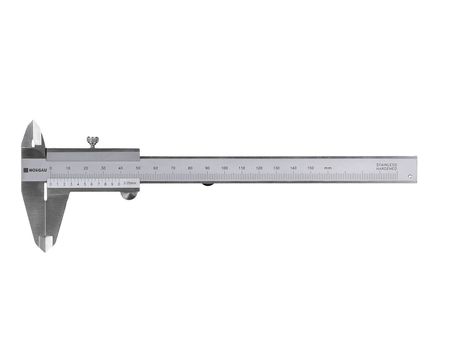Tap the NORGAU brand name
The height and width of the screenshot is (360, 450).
click(x=38, y=171)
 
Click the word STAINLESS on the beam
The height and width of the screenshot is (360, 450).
click(x=387, y=165)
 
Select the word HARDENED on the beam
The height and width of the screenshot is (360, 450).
click(x=387, y=169)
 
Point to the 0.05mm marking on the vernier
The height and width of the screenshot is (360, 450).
click(x=130, y=183)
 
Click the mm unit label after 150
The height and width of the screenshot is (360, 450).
click(x=328, y=168)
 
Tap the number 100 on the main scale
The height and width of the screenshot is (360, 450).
click(x=225, y=168)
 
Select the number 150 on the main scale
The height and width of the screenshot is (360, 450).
click(x=311, y=168)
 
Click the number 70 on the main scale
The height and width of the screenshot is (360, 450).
click(x=173, y=168)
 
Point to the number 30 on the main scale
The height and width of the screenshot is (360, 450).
click(x=103, y=168)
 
